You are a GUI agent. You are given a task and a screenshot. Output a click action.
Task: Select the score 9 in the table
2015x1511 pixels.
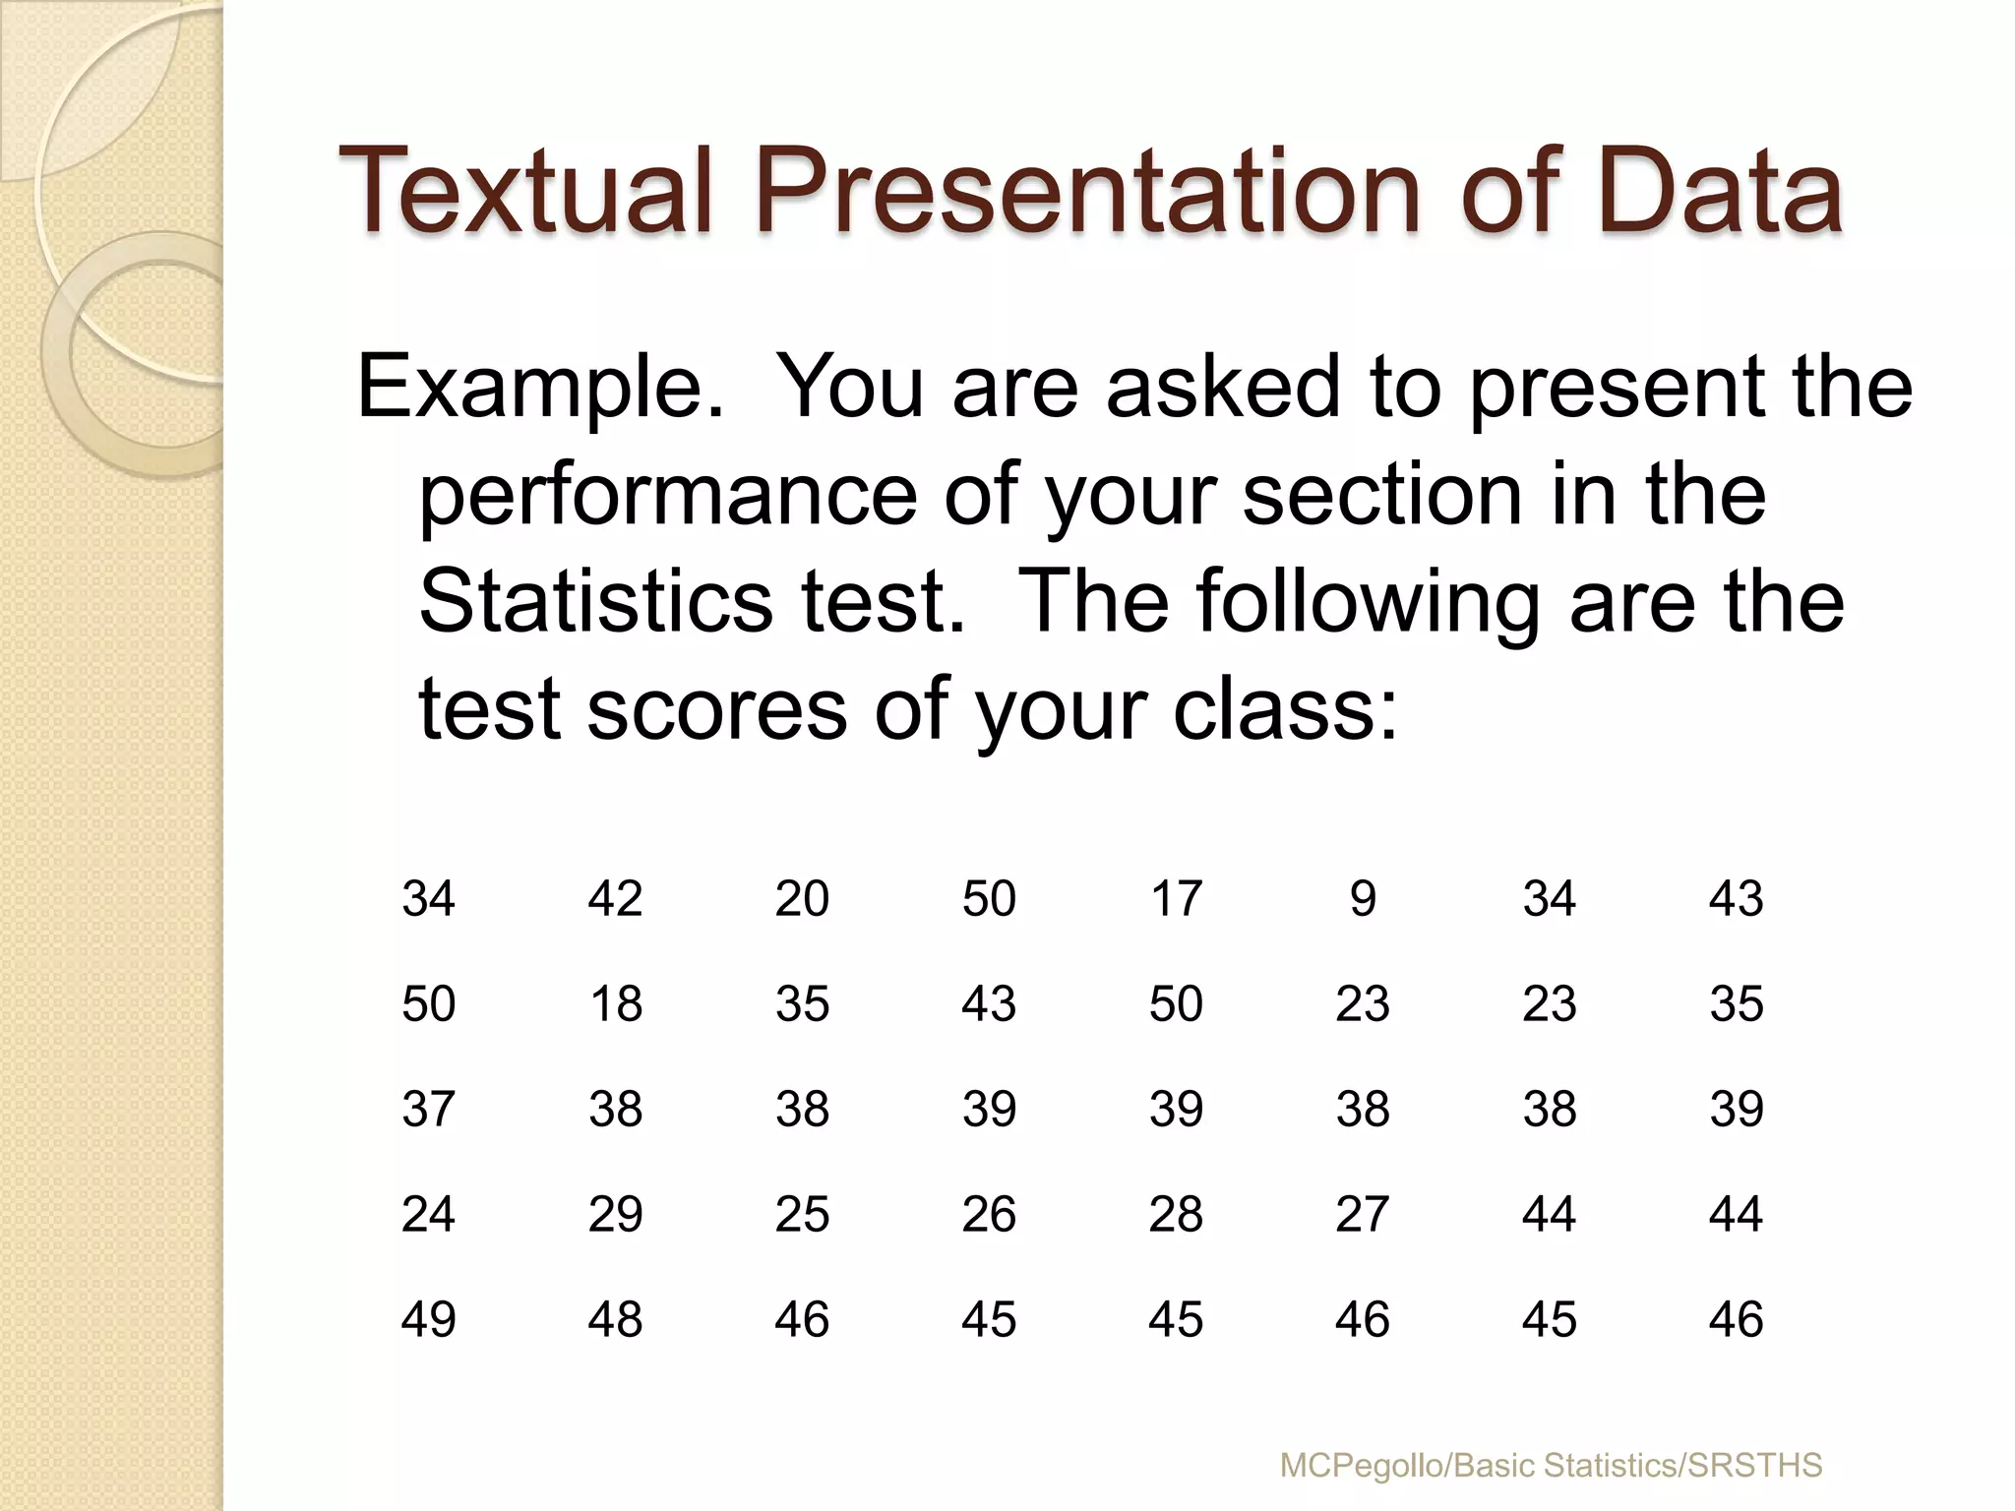pyautogui.click(x=1363, y=898)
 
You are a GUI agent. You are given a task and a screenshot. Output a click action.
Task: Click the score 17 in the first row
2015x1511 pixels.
pyautogui.click(x=1176, y=898)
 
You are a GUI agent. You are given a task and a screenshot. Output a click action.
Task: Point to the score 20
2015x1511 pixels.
pyautogui.click(x=802, y=898)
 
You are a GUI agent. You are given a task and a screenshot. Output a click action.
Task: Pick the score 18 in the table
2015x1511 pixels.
pyautogui.click(x=616, y=1004)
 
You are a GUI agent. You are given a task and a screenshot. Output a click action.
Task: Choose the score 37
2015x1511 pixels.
pyautogui.click(x=428, y=1109)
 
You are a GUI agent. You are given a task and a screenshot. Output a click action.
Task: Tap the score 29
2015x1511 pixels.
pyautogui.click(x=616, y=1214)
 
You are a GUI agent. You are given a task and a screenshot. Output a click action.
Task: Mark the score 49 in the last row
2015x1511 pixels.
pyautogui.click(x=428, y=1319)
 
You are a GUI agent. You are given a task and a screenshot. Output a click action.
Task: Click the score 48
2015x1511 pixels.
pyautogui.click(x=616, y=1319)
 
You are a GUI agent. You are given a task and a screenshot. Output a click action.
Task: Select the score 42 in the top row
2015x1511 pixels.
pyautogui.click(x=616, y=898)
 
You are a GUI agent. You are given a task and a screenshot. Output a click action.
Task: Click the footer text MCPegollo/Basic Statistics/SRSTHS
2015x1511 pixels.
pyautogui.click(x=1551, y=1465)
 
